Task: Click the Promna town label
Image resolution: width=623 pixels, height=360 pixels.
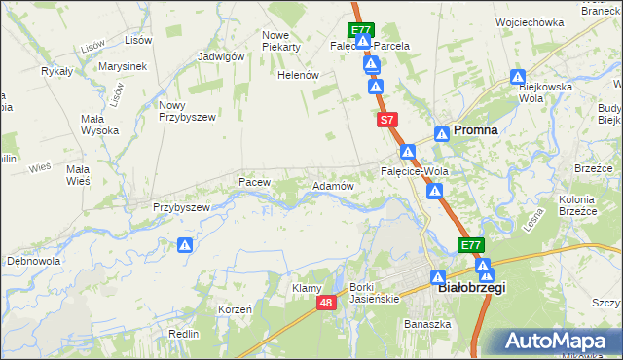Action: coord(476,129)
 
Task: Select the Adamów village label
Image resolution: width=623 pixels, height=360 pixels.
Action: coord(331,185)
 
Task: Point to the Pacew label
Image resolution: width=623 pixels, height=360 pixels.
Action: coord(253,182)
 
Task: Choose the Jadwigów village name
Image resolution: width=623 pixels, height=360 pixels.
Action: coord(220,56)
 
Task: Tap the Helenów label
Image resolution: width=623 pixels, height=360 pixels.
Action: coord(299,75)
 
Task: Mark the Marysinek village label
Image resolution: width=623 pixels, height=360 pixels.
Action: coord(122,67)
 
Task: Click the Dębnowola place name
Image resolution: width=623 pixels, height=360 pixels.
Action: coord(34,262)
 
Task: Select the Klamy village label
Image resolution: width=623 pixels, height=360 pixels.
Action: coord(307,288)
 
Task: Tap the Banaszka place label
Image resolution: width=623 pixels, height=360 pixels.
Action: coord(427,324)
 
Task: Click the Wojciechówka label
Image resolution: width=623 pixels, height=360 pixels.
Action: coord(530,21)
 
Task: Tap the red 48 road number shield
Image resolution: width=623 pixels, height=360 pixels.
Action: coord(327,304)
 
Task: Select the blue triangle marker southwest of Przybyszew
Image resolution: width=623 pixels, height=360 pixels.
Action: coord(185,246)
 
